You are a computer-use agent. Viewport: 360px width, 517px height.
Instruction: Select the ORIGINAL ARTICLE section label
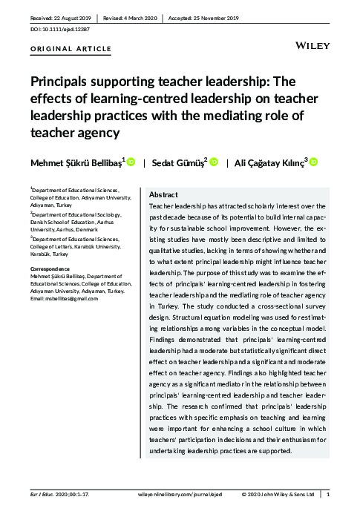(x=71, y=49)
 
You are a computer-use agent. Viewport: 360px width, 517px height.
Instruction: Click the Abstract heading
(x=163, y=194)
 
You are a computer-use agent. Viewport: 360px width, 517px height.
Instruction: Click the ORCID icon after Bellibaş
(x=131, y=160)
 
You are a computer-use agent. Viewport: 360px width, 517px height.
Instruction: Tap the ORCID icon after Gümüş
(x=214, y=160)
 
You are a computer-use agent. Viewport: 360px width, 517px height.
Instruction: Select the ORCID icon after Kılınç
(x=313, y=160)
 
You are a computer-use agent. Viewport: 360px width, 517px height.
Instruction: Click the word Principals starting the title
(x=57, y=82)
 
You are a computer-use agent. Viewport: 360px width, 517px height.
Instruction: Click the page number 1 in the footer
(x=328, y=494)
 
